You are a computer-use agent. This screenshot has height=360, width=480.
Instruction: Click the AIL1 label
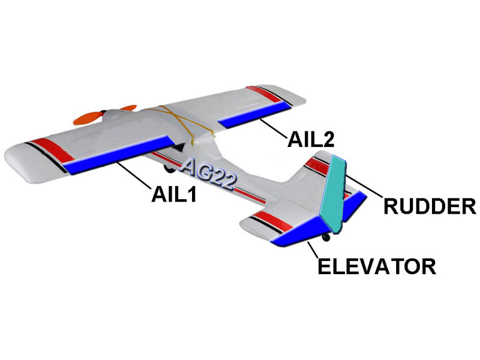pyautogui.click(x=174, y=194)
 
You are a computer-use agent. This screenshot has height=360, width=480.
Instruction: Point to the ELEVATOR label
pyautogui.click(x=376, y=265)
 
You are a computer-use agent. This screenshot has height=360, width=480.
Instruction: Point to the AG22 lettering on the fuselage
pyautogui.click(x=206, y=174)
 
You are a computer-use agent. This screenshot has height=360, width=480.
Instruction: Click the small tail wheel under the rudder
pyautogui.click(x=326, y=238)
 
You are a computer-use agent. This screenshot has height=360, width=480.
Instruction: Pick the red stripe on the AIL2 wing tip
pyautogui.click(x=264, y=92)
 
